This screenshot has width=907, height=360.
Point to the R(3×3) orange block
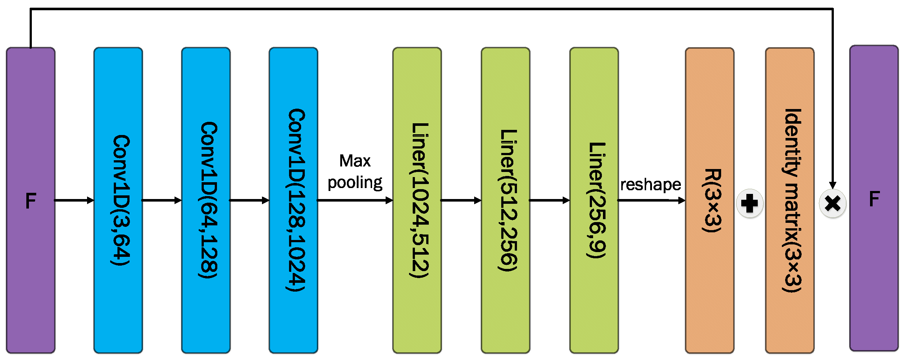709,200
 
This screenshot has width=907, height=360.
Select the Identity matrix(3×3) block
790,200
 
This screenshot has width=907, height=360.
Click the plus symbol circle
749,203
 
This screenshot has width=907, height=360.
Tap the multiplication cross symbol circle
832,203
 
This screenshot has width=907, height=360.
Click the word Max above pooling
355,161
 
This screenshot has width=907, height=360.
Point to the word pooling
355,183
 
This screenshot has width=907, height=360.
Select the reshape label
651,184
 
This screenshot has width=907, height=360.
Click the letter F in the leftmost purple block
31,201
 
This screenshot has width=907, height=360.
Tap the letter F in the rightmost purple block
874,199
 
